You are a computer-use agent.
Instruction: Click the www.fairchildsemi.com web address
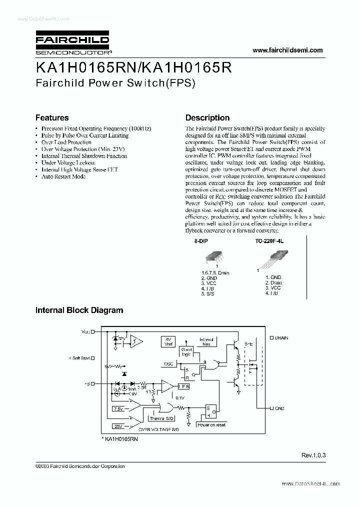[287, 50]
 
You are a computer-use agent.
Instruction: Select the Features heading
[52, 118]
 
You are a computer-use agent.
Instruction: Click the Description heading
[207, 118]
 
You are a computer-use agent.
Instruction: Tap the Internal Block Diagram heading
[79, 310]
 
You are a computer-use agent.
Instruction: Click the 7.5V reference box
[118, 409]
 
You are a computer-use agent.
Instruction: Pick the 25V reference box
[118, 426]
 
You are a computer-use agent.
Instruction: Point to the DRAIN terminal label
[281, 338]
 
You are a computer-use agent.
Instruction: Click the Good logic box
[186, 351]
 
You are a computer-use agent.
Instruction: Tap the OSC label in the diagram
[168, 363]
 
